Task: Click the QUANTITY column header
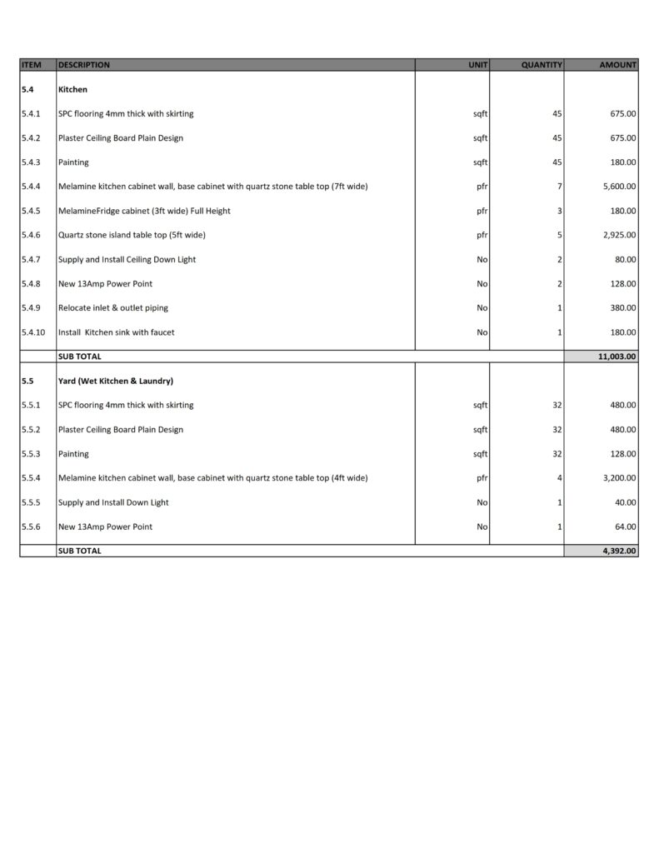(x=542, y=65)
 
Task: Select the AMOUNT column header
(x=617, y=65)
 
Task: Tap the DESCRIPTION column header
(x=84, y=65)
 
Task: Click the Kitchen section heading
(x=72, y=89)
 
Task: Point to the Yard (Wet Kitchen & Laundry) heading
(x=115, y=381)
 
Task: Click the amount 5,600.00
(x=619, y=187)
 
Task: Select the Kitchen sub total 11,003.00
(x=617, y=357)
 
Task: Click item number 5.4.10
(x=34, y=332)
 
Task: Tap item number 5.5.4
(x=32, y=478)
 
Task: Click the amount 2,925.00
(x=619, y=235)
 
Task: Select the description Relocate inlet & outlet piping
(x=112, y=308)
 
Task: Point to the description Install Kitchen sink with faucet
(x=116, y=332)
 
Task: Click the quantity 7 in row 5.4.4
(x=560, y=187)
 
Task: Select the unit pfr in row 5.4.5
(x=482, y=211)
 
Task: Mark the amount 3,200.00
(x=619, y=478)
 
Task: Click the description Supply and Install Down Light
(x=113, y=502)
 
